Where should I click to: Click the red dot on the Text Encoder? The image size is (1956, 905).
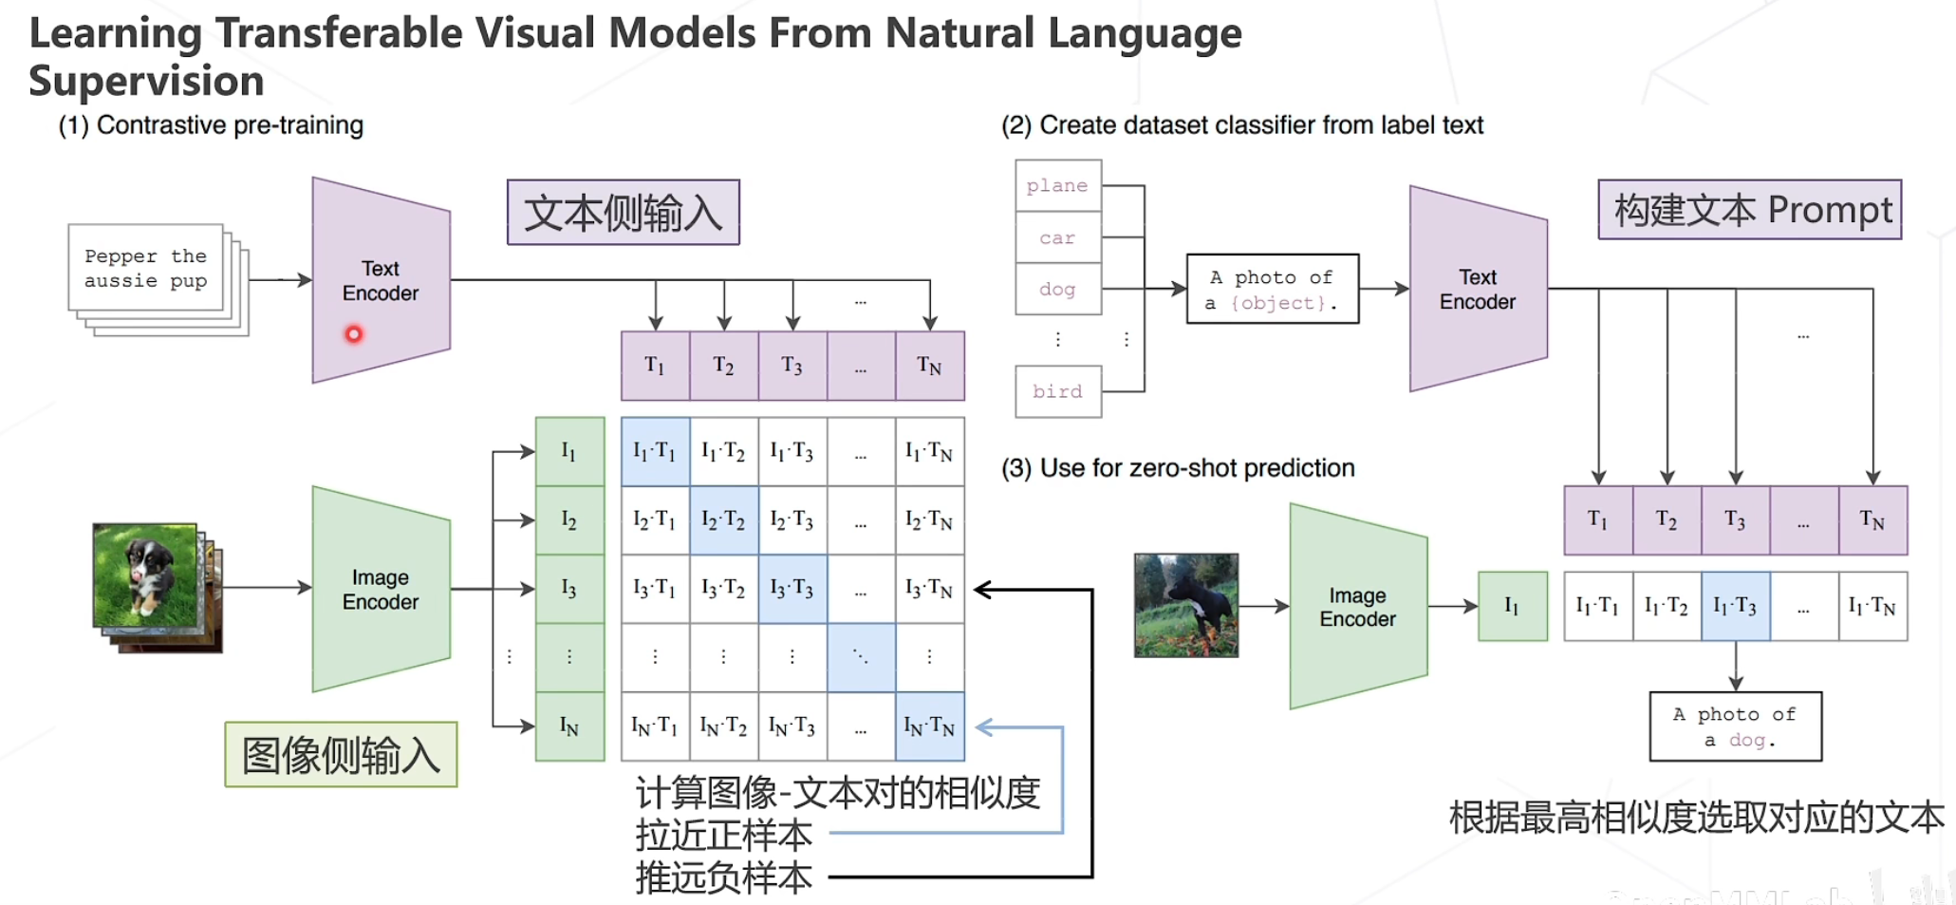click(x=354, y=334)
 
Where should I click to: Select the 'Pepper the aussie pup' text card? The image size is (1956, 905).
click(x=145, y=269)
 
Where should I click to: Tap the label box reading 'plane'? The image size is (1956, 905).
click(x=1057, y=186)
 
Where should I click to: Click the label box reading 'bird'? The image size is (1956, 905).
click(x=1057, y=391)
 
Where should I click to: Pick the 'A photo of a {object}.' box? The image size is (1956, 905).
click(x=1272, y=290)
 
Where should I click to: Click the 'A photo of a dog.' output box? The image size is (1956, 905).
click(x=1735, y=726)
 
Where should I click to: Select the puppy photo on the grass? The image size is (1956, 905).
click(x=145, y=575)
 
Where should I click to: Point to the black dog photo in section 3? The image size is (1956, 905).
click(x=1185, y=605)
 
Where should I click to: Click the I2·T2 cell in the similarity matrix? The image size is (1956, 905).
click(x=723, y=520)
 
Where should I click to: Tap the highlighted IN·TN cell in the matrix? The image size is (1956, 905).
click(x=929, y=726)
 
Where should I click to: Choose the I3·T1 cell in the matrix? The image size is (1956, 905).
click(x=655, y=589)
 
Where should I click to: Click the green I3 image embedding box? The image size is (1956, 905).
click(x=569, y=589)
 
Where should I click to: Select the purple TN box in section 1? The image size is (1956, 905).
click(x=929, y=366)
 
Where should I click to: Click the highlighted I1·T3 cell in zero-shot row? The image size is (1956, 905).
click(x=1735, y=606)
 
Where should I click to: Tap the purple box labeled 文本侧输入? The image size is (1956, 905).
click(x=623, y=213)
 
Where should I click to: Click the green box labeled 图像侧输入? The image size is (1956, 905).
click(x=341, y=755)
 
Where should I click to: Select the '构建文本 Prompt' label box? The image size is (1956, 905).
click(x=1749, y=210)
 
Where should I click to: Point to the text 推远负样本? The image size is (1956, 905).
click(x=723, y=877)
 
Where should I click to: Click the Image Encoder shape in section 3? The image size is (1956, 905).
click(x=1357, y=607)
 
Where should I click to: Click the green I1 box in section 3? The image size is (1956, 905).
click(x=1512, y=606)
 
